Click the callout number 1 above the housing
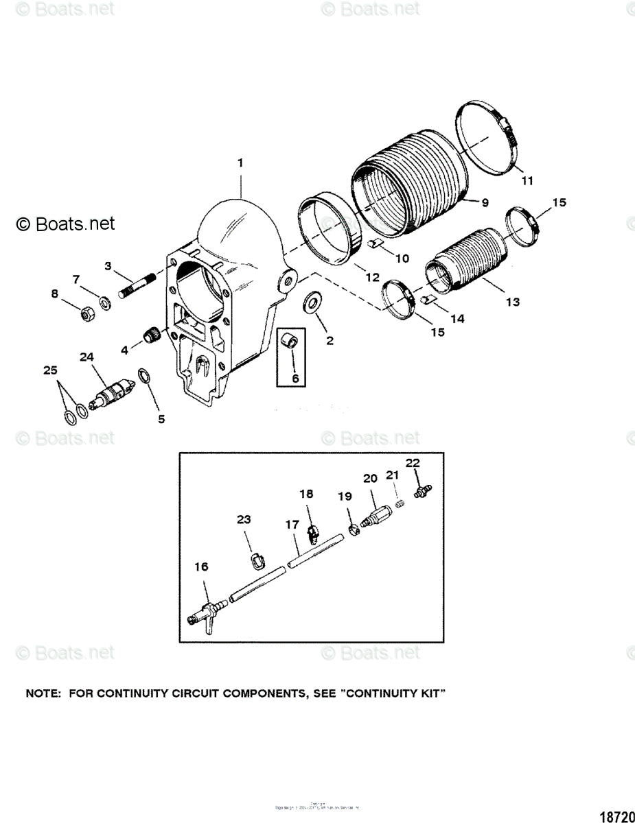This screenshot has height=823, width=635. click(240, 163)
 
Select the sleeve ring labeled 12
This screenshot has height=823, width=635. click(333, 233)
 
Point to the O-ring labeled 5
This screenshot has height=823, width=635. click(146, 375)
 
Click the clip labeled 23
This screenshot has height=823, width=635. click(255, 560)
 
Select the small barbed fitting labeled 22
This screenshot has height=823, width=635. click(420, 491)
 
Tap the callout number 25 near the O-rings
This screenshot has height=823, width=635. click(50, 370)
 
